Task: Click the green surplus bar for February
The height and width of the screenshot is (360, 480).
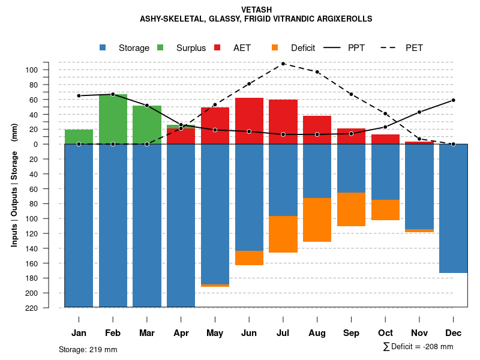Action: [113, 119]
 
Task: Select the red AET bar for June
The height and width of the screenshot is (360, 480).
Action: [249, 121]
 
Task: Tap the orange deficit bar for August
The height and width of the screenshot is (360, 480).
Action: [317, 220]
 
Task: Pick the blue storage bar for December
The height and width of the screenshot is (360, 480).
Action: [453, 208]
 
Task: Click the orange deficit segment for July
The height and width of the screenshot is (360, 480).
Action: [283, 234]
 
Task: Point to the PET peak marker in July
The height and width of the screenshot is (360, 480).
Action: [283, 64]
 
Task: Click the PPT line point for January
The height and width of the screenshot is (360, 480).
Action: [79, 96]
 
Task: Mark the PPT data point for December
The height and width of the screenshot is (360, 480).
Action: [453, 100]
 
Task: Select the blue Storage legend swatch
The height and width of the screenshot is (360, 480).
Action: [103, 47]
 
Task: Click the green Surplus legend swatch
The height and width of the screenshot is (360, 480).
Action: [161, 47]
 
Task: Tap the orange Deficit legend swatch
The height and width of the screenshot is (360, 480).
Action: [275, 47]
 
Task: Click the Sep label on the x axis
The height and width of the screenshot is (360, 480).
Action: [351, 333]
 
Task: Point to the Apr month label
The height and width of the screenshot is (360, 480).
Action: [181, 333]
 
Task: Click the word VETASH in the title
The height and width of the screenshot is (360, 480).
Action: [256, 10]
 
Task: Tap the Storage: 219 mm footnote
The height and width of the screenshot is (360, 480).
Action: [88, 349]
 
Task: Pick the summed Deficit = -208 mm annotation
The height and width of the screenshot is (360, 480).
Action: [418, 347]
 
